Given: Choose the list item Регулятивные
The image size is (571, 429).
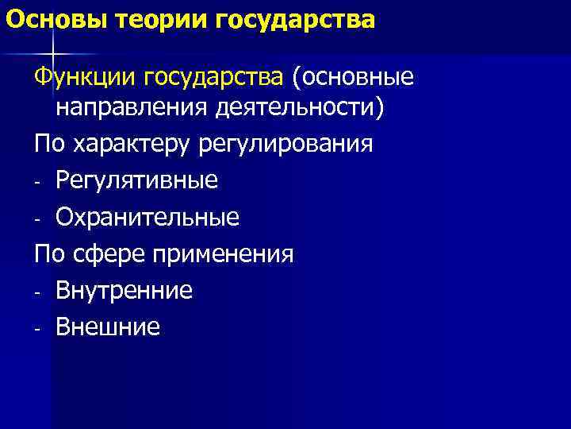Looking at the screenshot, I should coord(136,181).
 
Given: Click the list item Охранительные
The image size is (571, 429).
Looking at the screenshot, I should coord(148,217).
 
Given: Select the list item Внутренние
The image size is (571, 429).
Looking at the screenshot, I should coord(125,291).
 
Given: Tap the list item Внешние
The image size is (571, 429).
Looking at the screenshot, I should coord(108,327).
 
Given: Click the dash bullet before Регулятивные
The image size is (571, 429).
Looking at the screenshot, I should coord(37,183).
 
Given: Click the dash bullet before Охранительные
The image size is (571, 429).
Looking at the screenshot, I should coord(37,219).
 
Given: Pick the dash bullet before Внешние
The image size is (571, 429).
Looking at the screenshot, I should coord(37,329).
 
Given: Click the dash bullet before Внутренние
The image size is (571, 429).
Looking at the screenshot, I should coord(37,292).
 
